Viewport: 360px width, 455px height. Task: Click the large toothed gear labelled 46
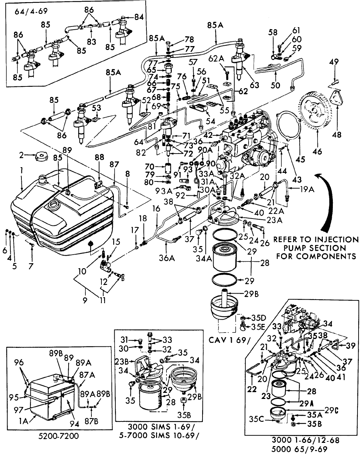pyautogui.click(x=315, y=111)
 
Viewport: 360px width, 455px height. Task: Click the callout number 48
pyautogui.click(x=336, y=135)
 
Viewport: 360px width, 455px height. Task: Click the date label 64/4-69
pyautogui.click(x=31, y=11)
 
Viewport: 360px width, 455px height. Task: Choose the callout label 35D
pyautogui.click(x=256, y=317)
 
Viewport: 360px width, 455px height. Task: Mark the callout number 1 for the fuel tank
pyautogui.click(x=22, y=171)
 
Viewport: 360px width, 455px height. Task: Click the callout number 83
pyautogui.click(x=92, y=42)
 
